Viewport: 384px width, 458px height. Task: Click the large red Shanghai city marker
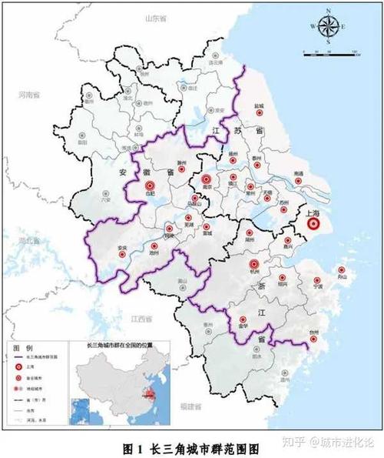click(x=313, y=224)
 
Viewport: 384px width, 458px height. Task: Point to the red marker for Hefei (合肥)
click(x=151, y=185)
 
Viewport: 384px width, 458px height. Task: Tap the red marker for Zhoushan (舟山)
click(x=340, y=270)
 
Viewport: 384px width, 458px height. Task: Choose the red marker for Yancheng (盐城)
click(x=260, y=112)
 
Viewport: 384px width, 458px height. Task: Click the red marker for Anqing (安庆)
click(x=121, y=248)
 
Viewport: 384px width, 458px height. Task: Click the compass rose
click(x=328, y=27)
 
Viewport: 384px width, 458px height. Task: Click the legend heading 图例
click(x=22, y=349)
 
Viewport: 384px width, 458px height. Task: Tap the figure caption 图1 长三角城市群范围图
click(x=191, y=446)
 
